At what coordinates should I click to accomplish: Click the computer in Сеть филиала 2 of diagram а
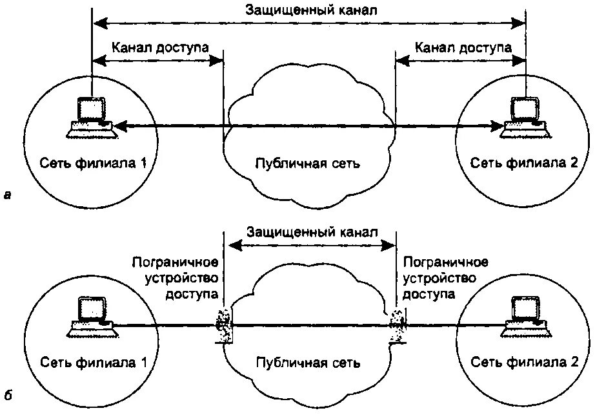point(525,117)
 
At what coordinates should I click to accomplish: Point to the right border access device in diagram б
point(396,323)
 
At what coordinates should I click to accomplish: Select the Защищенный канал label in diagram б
point(310,231)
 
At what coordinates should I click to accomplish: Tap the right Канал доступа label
point(463,47)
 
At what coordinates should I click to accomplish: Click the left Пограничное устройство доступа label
point(174,278)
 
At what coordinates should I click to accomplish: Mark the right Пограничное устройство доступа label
point(445,278)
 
